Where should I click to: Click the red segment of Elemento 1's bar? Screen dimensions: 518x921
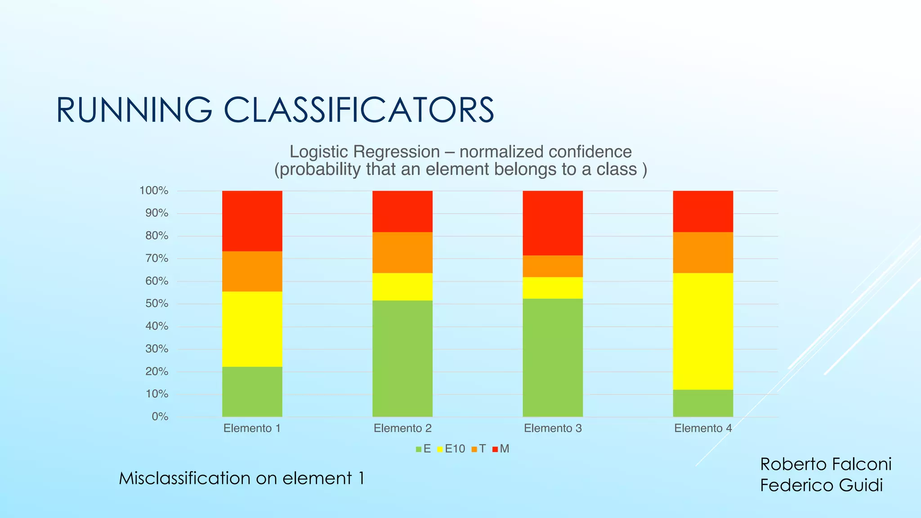point(252,221)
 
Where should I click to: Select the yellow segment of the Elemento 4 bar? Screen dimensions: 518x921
point(703,331)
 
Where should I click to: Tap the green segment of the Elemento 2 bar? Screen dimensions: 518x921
point(402,358)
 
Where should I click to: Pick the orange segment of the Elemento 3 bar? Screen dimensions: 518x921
point(552,266)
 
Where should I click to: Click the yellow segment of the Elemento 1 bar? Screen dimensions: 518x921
point(252,329)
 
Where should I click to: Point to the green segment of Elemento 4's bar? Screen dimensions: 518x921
point(703,403)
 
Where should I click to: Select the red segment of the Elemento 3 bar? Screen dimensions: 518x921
point(552,223)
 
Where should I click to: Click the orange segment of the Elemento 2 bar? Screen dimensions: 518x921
point(402,252)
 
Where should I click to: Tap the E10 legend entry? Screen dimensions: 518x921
point(451,449)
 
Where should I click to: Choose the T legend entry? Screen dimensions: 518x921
point(479,449)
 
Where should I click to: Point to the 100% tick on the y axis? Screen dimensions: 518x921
point(154,191)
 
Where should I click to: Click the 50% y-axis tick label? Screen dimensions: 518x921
point(156,304)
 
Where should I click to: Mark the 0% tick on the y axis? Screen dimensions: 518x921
point(160,417)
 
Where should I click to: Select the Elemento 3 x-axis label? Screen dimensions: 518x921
point(552,429)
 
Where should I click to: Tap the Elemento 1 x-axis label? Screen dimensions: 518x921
point(252,429)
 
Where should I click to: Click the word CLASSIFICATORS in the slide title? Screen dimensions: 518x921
point(358,110)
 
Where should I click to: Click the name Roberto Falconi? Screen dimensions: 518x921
point(825,464)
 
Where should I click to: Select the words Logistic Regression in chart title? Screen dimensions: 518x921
point(364,152)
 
